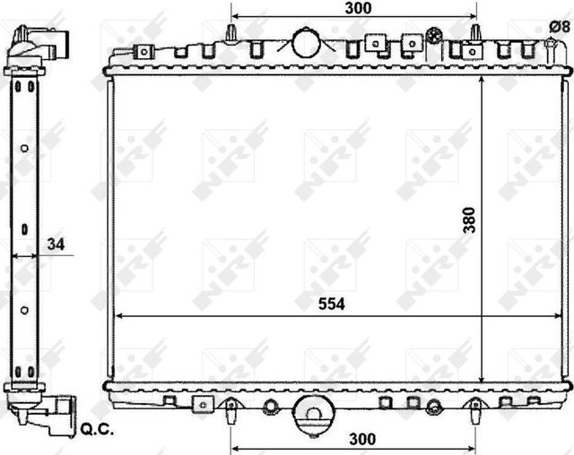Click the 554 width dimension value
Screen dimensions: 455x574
point(331,304)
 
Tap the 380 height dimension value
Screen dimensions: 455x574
point(470,219)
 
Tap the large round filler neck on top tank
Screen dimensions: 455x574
point(307,41)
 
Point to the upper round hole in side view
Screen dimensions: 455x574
point(25,148)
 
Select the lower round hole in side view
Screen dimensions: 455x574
point(25,311)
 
